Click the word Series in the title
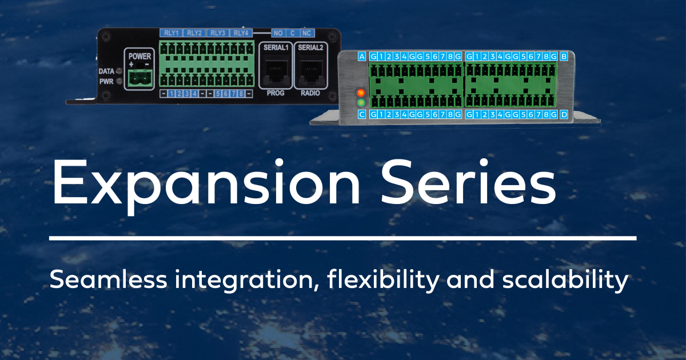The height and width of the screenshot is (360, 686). click(468, 182)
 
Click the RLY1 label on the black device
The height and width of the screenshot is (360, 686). click(171, 33)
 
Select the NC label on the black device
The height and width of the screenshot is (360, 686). click(306, 33)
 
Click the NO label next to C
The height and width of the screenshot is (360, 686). click(278, 33)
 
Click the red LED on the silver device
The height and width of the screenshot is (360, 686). click(361, 93)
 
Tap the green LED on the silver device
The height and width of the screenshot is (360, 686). click(361, 103)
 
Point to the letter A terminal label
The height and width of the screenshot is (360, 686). click(361, 56)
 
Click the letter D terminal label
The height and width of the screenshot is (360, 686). click(564, 115)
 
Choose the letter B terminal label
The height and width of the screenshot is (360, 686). click(564, 56)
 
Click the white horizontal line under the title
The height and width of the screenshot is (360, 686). click(343, 237)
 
